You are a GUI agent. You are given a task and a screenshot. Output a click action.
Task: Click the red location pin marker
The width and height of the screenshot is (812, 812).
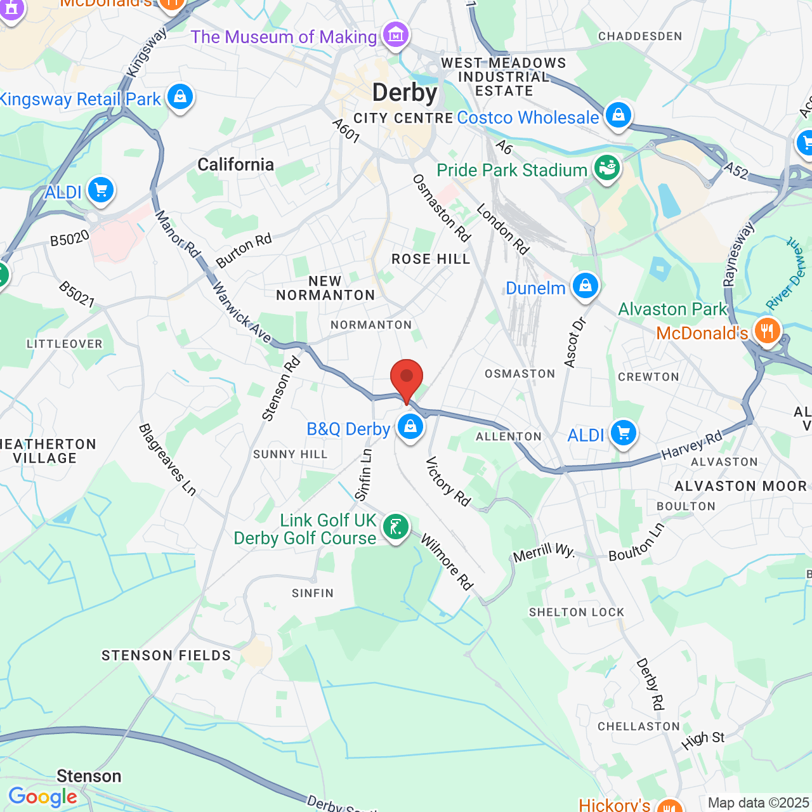click(407, 378)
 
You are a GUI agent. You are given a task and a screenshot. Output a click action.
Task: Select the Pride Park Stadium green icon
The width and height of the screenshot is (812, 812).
click(607, 167)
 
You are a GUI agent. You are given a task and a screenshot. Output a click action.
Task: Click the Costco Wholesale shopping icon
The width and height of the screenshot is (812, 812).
click(618, 115)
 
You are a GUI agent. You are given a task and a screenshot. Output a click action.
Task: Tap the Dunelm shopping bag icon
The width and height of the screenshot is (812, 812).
click(586, 286)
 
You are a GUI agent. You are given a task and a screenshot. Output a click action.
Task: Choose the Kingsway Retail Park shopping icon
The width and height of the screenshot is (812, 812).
click(180, 96)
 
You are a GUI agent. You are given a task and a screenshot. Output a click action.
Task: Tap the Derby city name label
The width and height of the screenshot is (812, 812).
click(405, 93)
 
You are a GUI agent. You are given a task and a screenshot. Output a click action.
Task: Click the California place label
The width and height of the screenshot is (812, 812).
click(236, 165)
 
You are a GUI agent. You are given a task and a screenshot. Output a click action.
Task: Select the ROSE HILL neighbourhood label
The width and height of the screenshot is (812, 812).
click(431, 259)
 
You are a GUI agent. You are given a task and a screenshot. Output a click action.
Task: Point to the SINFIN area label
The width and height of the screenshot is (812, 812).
click(313, 593)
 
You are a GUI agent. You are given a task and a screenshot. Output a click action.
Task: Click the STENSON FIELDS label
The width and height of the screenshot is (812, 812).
click(166, 655)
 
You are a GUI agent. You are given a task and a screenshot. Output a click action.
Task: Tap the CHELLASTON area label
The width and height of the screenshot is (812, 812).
click(639, 726)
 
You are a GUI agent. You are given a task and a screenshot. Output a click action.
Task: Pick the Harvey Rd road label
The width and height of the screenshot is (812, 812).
click(692, 445)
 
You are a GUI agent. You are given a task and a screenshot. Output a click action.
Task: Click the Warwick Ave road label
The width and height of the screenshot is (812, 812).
click(241, 312)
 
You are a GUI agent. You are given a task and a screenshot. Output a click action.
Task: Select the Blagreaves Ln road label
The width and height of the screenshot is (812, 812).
click(167, 459)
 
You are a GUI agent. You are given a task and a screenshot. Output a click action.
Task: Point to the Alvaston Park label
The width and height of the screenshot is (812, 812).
click(672, 309)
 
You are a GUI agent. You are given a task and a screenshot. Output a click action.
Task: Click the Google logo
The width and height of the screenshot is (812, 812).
click(43, 797)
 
